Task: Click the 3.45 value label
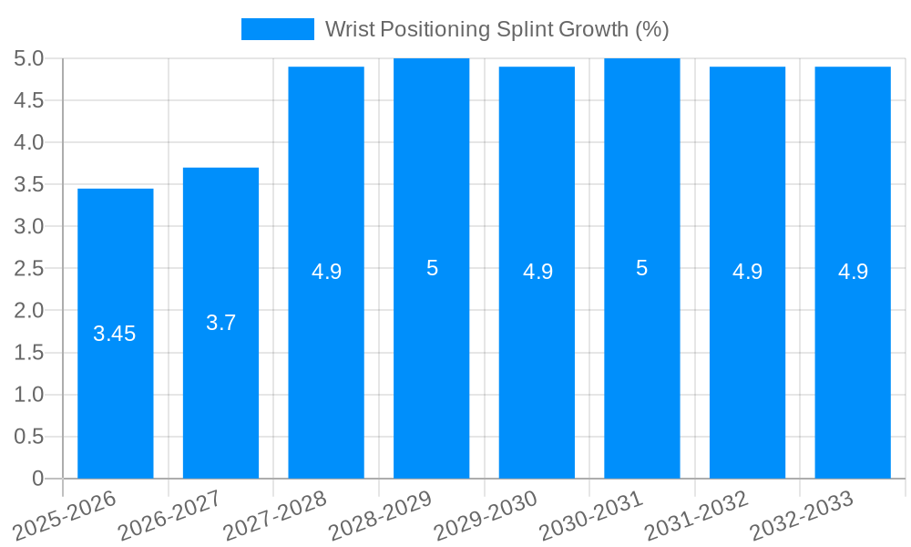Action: [115, 334]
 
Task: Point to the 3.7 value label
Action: [220, 323]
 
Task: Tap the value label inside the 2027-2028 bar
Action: [326, 272]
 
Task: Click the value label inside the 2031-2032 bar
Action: [747, 272]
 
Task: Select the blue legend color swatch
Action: [277, 29]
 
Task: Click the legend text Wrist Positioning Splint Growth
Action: [496, 29]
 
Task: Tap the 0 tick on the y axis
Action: [37, 479]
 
